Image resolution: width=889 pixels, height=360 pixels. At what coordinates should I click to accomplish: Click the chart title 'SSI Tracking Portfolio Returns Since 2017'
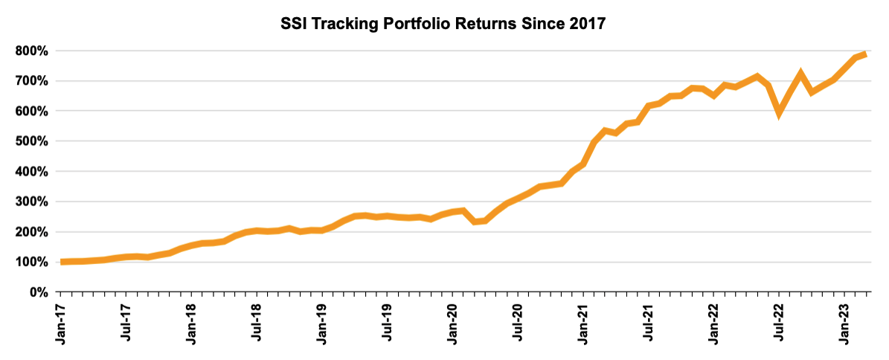(443, 24)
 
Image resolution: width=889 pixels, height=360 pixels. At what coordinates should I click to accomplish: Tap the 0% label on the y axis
(39, 292)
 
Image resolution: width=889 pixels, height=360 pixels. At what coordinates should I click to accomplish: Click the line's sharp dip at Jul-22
(779, 113)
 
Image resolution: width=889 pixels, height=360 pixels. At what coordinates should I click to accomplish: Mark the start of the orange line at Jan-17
(61, 262)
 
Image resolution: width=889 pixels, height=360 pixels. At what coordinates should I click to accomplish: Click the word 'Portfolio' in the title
(430, 24)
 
